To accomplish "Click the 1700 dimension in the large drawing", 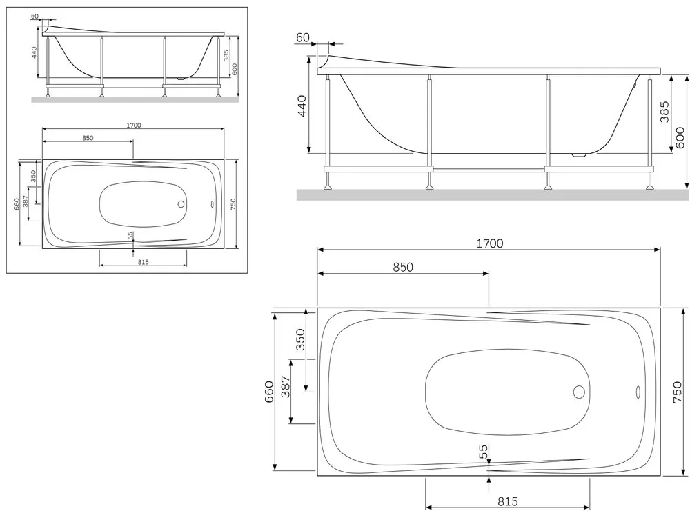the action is click(x=489, y=243).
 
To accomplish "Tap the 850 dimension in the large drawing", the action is click(x=403, y=267).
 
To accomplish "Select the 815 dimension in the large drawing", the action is click(x=507, y=501).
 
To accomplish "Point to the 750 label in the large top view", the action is click(x=678, y=392).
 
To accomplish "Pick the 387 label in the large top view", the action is click(x=286, y=387).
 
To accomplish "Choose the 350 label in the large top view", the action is click(x=300, y=339).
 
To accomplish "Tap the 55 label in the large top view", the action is click(x=484, y=451).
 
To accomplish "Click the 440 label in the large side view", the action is click(x=302, y=106).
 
